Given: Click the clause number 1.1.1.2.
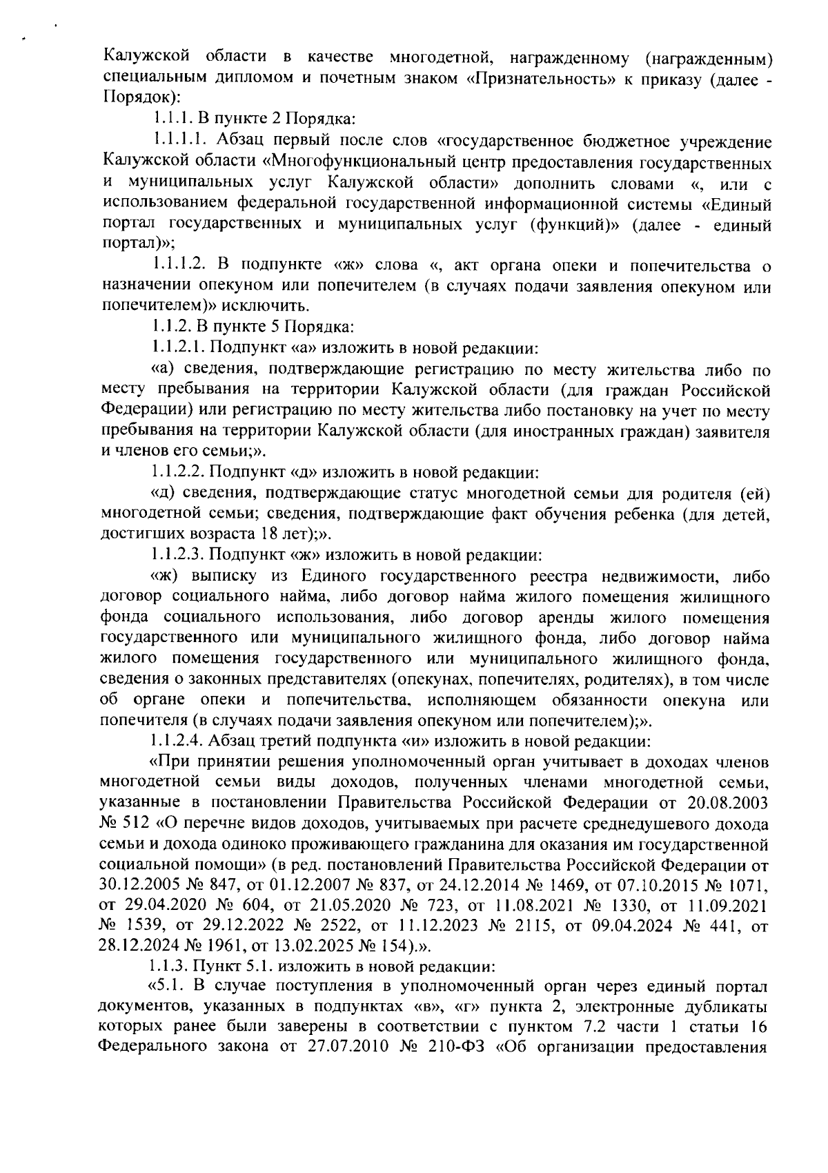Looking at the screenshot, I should pos(181,265).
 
